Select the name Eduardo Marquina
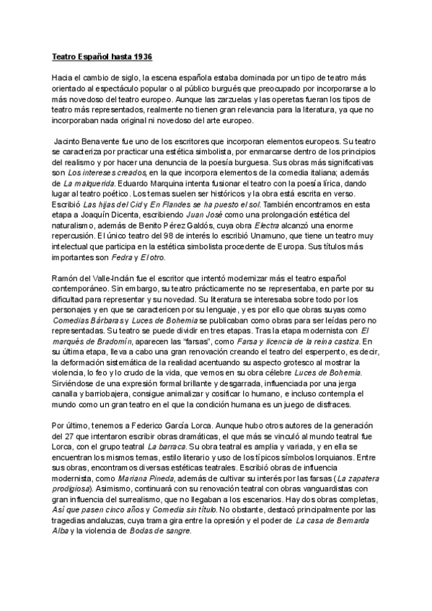click(157, 184)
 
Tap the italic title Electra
click(265, 224)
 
